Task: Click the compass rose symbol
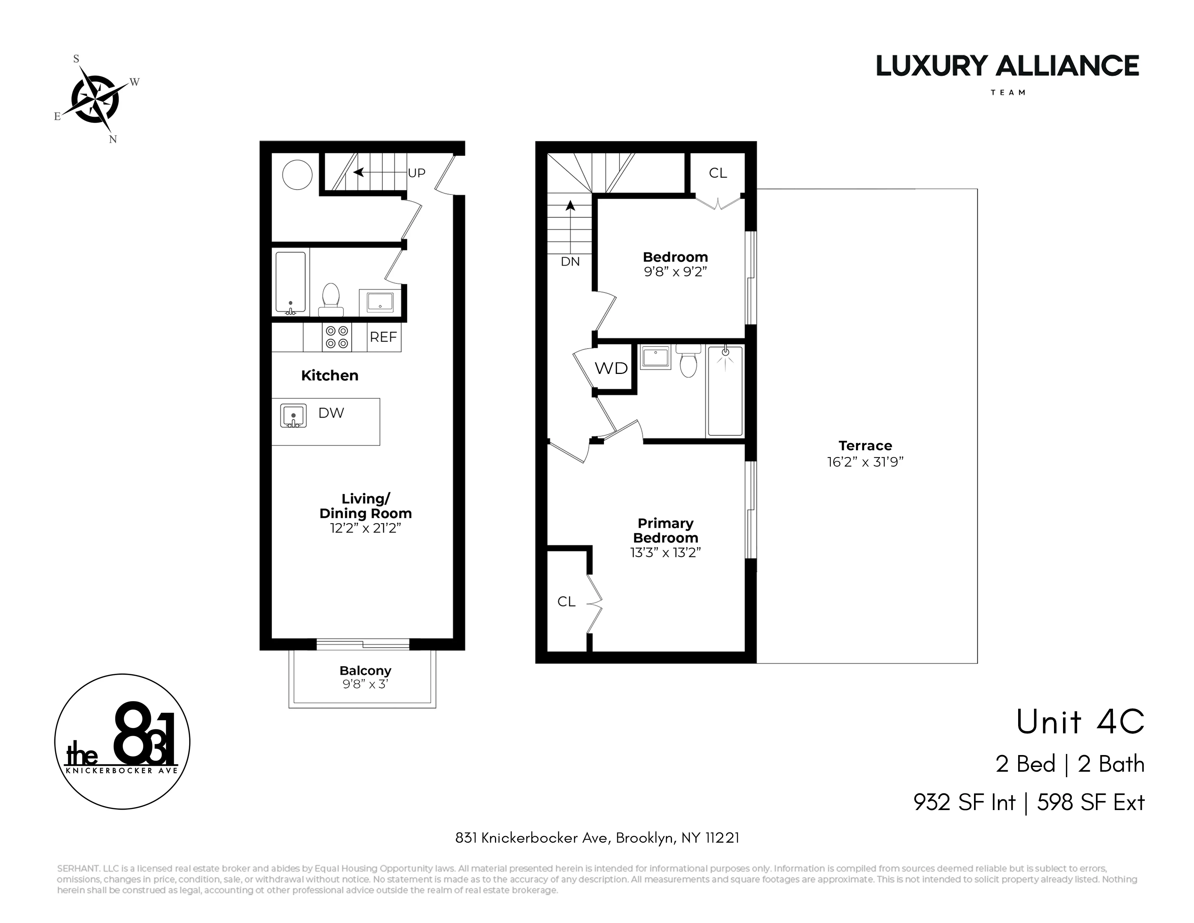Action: [96, 99]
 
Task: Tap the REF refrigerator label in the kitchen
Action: [383, 337]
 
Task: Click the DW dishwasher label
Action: [331, 413]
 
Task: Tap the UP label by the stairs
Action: [416, 173]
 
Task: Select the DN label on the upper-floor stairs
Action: [570, 261]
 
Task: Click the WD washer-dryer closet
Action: [611, 368]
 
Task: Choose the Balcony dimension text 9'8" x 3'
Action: [365, 684]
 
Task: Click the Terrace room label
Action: [865, 446]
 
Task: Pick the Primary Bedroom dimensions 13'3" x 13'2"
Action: [665, 552]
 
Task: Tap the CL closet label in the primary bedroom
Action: [566, 602]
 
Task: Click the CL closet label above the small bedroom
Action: [718, 173]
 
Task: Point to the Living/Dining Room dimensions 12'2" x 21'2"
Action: [365, 528]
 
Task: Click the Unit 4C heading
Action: [1080, 722]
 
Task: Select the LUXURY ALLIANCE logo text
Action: [1008, 66]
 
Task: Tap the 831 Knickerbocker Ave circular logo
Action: [122, 741]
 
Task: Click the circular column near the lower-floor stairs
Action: [297, 174]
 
